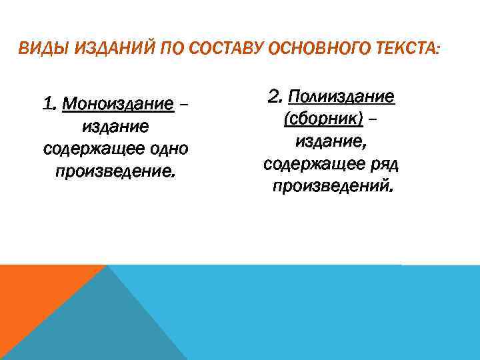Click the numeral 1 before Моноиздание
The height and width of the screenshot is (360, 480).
pyautogui.click(x=47, y=104)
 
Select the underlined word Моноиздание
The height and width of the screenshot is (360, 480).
pyautogui.click(x=117, y=104)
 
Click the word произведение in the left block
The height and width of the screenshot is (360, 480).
pyautogui.click(x=115, y=171)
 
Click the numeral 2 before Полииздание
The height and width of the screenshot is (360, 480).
pyautogui.click(x=274, y=97)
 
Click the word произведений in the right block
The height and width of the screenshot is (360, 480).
pyautogui.click(x=332, y=186)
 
